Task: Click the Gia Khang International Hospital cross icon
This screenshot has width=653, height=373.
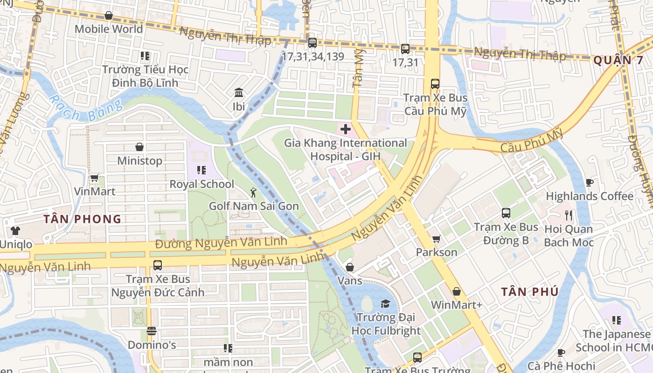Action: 346,129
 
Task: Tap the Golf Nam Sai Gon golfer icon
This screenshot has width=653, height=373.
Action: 253,193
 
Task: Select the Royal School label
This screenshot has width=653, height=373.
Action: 201,184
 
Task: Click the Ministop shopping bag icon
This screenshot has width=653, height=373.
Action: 139,147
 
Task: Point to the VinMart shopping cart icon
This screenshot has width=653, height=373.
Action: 95,178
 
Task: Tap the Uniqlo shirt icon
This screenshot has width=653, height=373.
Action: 15,230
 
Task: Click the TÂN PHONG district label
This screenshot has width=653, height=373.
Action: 82,219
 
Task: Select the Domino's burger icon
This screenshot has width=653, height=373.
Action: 151,332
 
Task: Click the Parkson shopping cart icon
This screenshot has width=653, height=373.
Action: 437,239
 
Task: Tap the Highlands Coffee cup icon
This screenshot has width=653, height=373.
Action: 590,182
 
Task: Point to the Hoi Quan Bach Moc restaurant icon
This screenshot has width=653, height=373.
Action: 569,215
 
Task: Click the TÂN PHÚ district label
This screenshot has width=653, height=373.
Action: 529,292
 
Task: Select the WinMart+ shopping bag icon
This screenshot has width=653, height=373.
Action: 457,291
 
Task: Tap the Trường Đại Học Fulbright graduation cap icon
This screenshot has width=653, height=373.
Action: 385,304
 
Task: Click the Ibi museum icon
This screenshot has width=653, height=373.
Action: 239,93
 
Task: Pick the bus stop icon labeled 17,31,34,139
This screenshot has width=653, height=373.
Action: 313,43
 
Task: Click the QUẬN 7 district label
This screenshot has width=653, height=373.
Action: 618,60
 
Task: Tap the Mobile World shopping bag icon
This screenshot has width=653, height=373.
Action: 109,15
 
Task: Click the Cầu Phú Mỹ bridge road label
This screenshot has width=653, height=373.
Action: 531,142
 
